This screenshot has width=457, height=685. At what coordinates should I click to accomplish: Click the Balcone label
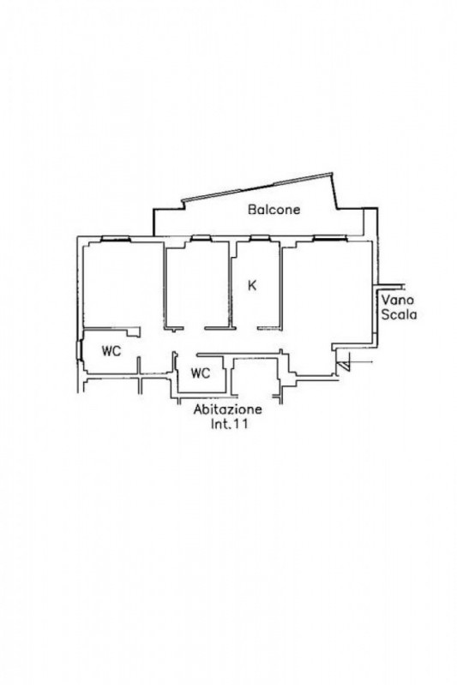click(274, 209)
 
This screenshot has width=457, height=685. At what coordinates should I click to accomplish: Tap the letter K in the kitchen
click(252, 286)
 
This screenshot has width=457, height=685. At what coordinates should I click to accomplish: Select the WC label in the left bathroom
click(111, 351)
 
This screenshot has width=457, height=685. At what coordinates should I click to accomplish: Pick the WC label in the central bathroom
click(201, 373)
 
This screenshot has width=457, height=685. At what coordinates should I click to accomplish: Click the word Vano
click(398, 301)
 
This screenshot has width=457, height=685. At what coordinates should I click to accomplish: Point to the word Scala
click(399, 314)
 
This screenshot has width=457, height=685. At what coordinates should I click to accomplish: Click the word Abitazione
click(228, 410)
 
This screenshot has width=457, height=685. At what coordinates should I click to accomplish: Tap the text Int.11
click(228, 423)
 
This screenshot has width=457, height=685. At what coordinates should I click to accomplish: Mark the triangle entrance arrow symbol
click(343, 366)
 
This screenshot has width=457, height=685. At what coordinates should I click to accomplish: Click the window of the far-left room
click(116, 239)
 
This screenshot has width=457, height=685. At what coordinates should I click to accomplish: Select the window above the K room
click(259, 239)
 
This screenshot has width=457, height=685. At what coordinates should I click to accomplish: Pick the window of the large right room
click(330, 239)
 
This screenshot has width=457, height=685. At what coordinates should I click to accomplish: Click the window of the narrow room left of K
click(201, 239)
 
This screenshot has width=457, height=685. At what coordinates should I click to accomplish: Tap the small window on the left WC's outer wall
click(79, 350)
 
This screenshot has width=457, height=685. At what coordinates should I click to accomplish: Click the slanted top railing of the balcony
click(257, 188)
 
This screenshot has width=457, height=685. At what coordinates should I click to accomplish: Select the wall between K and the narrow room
click(231, 285)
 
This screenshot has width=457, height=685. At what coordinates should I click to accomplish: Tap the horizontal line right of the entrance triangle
click(361, 362)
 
